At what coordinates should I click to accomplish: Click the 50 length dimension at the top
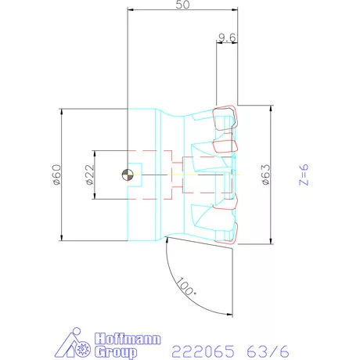click(x=183, y=5)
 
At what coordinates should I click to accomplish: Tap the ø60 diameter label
click(x=56, y=175)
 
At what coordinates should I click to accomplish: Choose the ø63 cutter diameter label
click(x=265, y=175)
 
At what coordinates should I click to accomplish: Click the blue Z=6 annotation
click(x=304, y=175)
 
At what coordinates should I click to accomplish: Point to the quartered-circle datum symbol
click(x=128, y=175)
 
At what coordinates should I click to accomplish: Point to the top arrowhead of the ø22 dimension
click(x=95, y=150)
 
